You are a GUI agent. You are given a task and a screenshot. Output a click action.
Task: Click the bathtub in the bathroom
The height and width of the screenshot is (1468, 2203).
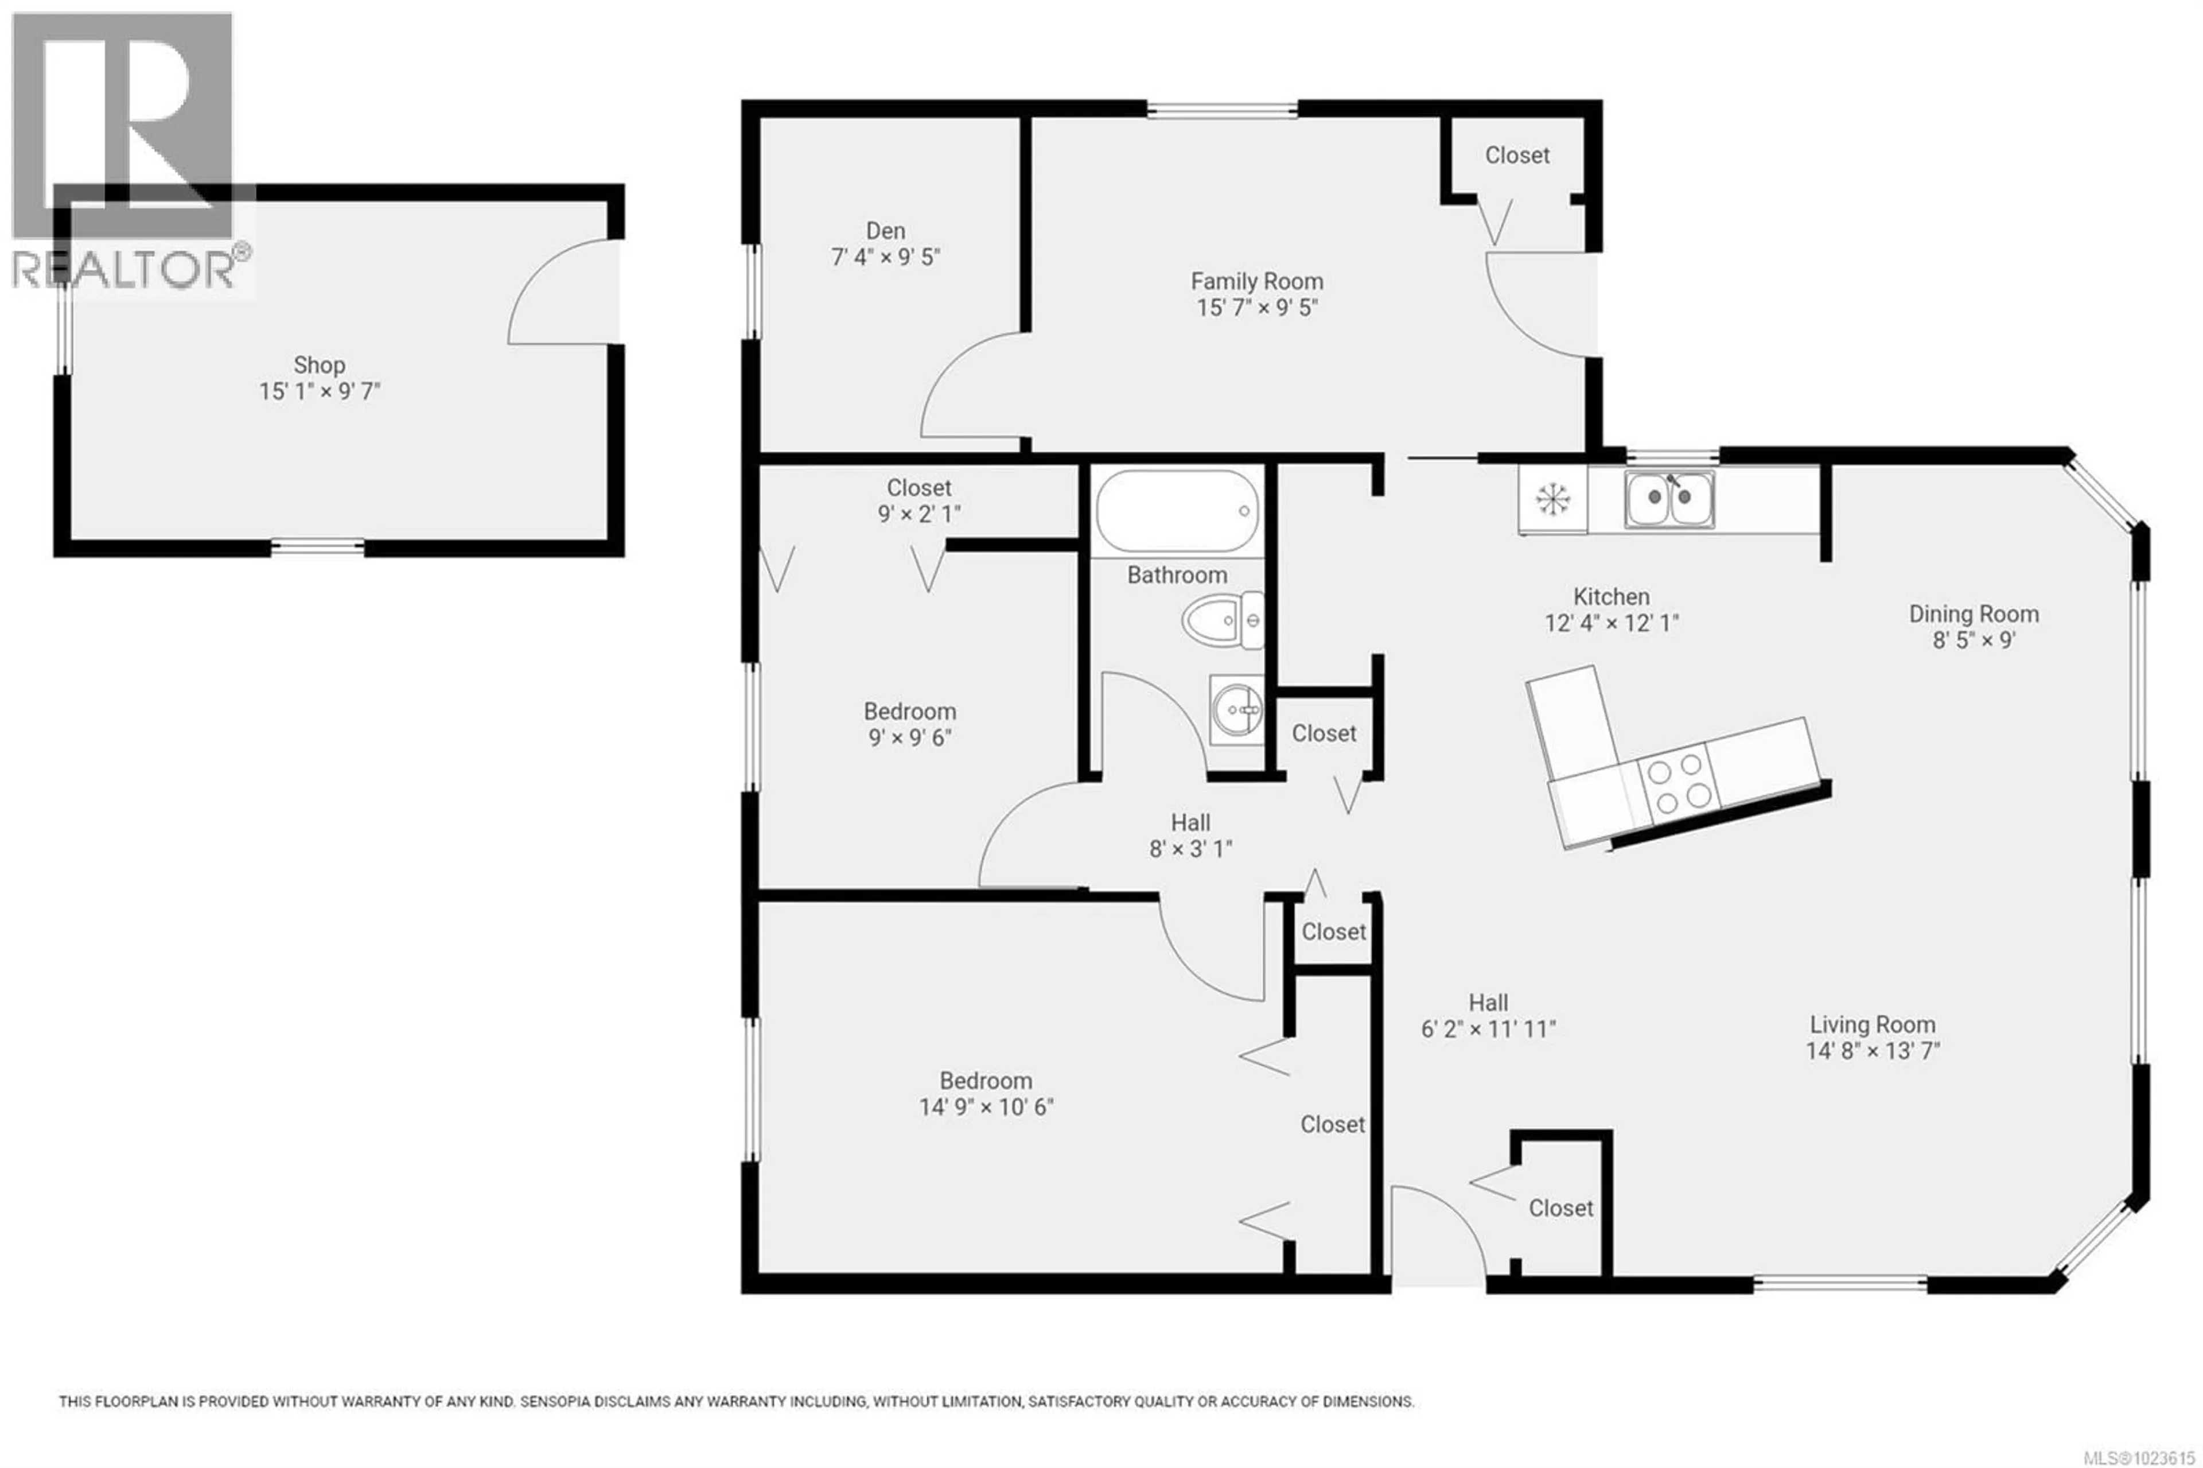point(1177,511)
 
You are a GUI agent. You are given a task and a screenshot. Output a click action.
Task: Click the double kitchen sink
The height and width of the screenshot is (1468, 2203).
point(1669,500)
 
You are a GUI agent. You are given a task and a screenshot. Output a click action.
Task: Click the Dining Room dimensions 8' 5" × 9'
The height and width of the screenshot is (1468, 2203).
point(1974,640)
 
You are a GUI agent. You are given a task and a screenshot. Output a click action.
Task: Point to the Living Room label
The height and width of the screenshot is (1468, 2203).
point(1872,1024)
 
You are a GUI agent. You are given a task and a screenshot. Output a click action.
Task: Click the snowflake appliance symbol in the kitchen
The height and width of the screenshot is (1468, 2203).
point(1552,500)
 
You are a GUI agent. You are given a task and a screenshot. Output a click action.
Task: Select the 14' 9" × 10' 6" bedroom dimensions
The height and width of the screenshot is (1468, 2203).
point(986,1106)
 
